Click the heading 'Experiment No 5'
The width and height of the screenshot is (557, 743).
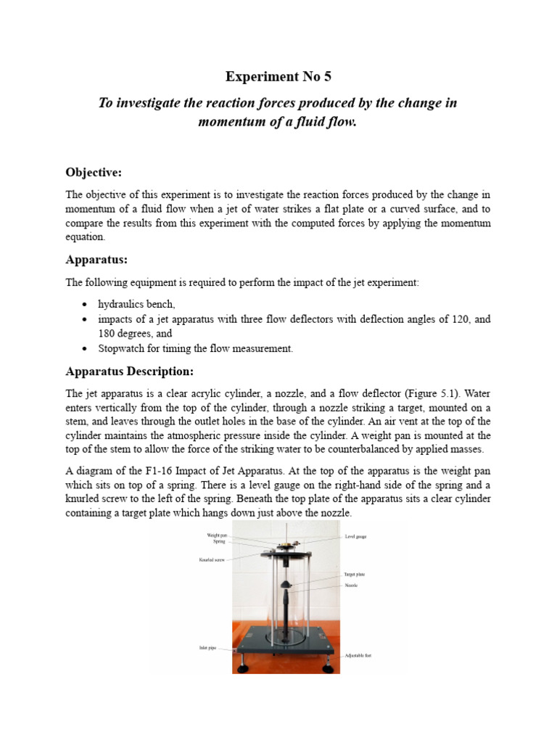tap(278, 76)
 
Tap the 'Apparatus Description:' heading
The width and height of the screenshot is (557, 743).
tap(130, 371)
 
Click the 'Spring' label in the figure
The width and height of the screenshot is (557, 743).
tap(219, 542)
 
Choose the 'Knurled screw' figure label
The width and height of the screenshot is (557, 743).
tap(213, 559)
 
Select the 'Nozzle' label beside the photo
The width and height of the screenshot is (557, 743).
tap(351, 585)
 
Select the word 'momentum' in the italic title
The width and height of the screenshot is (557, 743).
tap(232, 122)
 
